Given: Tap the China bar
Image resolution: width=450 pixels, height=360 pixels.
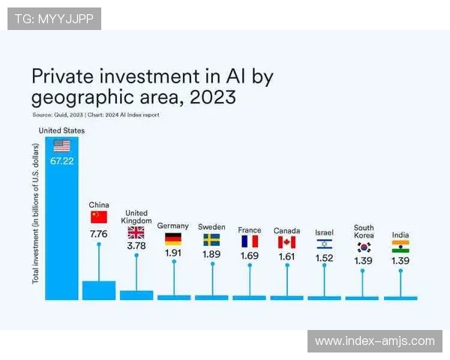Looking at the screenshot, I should click(x=99, y=290).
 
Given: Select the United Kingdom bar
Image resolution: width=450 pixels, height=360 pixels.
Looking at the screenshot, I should click(x=136, y=295).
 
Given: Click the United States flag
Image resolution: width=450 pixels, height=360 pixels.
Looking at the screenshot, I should click(x=61, y=146).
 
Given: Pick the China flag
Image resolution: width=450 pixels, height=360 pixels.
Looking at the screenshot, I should click(x=99, y=217).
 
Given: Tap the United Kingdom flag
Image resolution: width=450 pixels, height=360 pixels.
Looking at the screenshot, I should click(x=136, y=232).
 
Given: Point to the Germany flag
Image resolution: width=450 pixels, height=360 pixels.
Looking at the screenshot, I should click(x=173, y=239).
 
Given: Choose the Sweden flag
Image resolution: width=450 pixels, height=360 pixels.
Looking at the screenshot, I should click(x=211, y=240).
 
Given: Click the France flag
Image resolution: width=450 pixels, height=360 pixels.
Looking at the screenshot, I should click(x=249, y=241).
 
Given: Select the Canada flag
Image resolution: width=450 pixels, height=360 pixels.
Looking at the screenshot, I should click(x=286, y=242).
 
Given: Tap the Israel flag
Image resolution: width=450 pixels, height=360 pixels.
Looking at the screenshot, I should click(x=324, y=244).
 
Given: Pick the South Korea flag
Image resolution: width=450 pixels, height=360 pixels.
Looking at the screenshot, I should click(x=364, y=246).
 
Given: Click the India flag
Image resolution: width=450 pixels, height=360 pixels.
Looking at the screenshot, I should click(x=400, y=246).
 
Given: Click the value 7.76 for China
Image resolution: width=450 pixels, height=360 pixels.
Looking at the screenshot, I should click(x=99, y=234).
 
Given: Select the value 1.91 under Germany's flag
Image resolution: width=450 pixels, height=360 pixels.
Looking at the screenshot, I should click(x=173, y=253).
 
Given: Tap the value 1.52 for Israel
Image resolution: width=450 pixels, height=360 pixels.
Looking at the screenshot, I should click(x=324, y=258).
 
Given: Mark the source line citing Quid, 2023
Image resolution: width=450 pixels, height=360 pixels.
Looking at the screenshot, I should click(x=95, y=115).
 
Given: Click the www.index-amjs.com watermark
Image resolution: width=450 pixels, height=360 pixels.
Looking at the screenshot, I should click(x=375, y=341).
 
